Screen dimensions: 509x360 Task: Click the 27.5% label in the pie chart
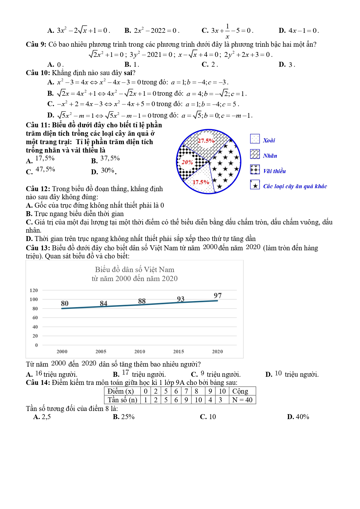[x=206, y=141]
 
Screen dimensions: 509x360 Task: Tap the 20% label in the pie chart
[x=187, y=162]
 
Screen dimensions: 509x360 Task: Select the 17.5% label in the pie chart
[x=201, y=182]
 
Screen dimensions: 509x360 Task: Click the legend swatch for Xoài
[x=255, y=139]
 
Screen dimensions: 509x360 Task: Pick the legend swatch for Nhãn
[x=255, y=154]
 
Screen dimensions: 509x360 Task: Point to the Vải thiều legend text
[x=274, y=171]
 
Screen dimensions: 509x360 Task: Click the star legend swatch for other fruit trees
[x=255, y=185]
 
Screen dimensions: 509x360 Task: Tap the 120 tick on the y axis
[x=34, y=290]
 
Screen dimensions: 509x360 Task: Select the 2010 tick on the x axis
[x=140, y=352]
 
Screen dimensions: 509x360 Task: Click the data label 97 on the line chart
[x=218, y=296]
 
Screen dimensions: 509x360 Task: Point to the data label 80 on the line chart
[x=65, y=303]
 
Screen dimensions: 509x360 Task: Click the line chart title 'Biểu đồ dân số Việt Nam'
[x=135, y=270]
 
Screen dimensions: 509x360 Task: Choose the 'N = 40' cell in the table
[x=242, y=400]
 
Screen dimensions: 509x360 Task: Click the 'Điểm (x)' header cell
[x=121, y=391]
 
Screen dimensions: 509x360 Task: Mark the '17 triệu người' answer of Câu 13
[x=139, y=374]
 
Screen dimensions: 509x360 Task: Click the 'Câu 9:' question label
[x=36, y=44]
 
